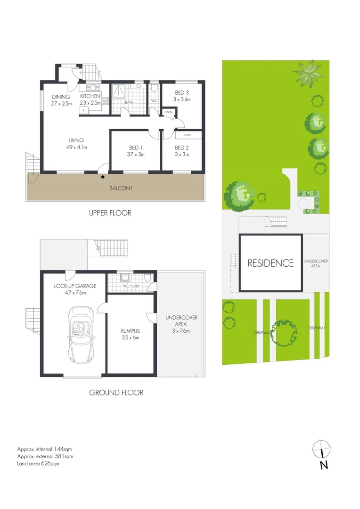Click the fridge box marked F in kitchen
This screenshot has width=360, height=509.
(84, 110)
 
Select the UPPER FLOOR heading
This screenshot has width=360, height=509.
(110, 213)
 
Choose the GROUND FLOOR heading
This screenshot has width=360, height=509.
(116, 392)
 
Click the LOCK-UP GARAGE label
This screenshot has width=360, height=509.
(75, 286)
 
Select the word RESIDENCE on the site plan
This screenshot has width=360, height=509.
(270, 263)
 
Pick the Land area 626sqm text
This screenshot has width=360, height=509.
(38, 463)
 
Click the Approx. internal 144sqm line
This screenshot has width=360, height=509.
(44, 449)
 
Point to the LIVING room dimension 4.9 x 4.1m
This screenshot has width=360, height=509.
(75, 147)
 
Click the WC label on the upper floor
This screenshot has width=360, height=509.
(154, 100)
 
